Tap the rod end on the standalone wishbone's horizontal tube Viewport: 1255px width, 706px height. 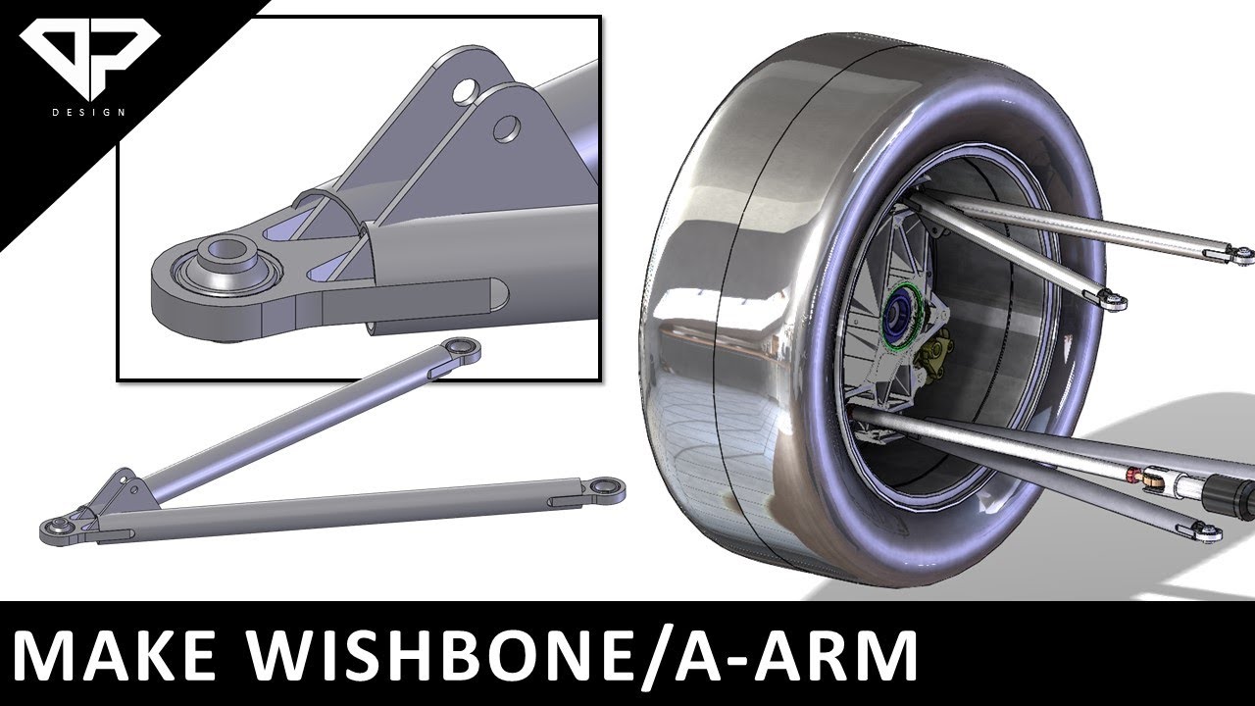[608, 485]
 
